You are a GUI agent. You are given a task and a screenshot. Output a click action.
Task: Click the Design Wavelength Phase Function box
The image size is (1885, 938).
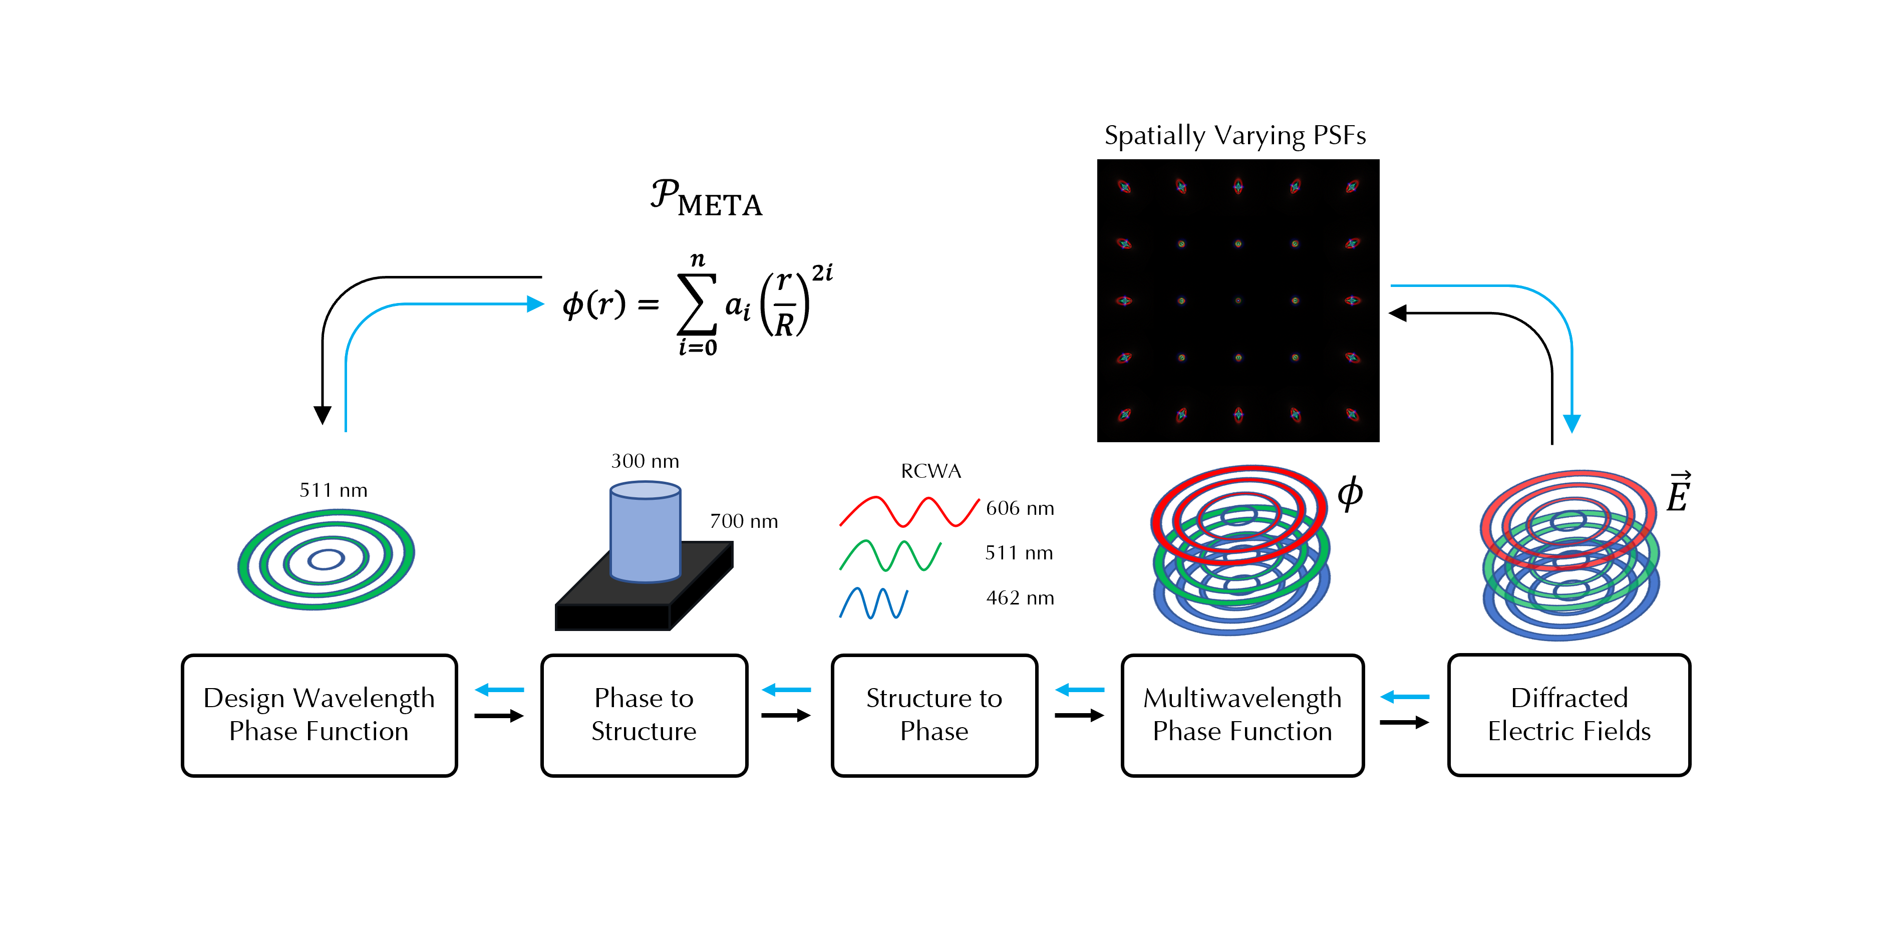pyautogui.click(x=319, y=715)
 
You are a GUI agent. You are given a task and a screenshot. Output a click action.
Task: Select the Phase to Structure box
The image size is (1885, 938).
pyautogui.click(x=644, y=715)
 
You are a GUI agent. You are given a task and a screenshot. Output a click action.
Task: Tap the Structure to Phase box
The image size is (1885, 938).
pyautogui.click(x=934, y=715)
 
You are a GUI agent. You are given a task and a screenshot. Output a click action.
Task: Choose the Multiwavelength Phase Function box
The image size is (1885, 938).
pyautogui.click(x=1242, y=715)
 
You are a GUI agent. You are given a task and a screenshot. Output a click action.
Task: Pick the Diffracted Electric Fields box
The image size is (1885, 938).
pyautogui.click(x=1569, y=715)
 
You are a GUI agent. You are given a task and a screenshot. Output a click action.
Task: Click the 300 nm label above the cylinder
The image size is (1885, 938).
pyautogui.click(x=645, y=461)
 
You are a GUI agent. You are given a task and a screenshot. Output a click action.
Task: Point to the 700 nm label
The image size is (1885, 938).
pyautogui.click(x=744, y=521)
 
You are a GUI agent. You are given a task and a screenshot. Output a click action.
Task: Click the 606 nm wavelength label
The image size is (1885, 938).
pyautogui.click(x=1020, y=508)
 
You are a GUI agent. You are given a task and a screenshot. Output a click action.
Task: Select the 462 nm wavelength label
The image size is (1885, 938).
pyautogui.click(x=1020, y=598)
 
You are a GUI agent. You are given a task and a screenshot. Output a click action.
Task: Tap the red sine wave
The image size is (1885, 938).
pyautogui.click(x=909, y=511)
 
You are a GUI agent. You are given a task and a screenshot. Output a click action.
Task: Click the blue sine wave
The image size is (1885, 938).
pyautogui.click(x=874, y=603)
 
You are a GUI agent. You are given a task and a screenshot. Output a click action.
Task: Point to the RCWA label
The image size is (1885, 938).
pyautogui.click(x=931, y=471)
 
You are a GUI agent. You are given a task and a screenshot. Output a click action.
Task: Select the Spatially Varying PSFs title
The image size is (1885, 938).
pyautogui.click(x=1235, y=136)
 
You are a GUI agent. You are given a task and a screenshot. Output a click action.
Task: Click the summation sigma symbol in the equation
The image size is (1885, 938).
pyautogui.click(x=696, y=304)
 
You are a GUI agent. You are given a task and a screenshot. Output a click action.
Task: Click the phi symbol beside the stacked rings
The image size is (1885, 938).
pyautogui.click(x=1350, y=493)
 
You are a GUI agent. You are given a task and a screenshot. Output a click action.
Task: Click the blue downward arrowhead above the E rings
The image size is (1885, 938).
pyautogui.click(x=1572, y=424)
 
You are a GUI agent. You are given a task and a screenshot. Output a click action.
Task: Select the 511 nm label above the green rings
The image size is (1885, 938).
pyautogui.click(x=333, y=490)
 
